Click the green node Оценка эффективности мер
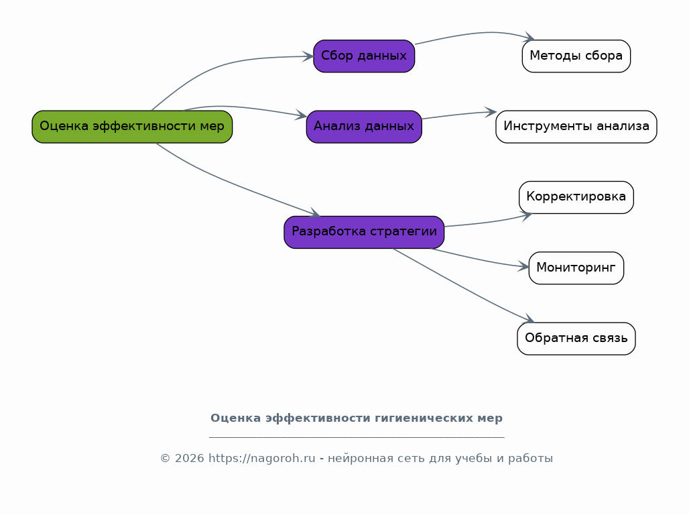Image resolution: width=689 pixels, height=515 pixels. click(x=132, y=127)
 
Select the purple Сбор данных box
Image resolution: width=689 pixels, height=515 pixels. click(x=364, y=56)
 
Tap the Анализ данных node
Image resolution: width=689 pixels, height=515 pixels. click(x=364, y=127)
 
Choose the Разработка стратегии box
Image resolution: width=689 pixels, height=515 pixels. click(x=364, y=232)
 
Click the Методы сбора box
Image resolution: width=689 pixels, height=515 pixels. click(x=576, y=56)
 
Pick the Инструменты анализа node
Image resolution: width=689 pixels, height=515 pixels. click(x=576, y=127)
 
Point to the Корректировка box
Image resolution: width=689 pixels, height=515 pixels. click(x=576, y=197)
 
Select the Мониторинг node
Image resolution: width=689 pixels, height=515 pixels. click(x=576, y=268)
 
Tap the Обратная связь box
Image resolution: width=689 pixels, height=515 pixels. click(x=576, y=339)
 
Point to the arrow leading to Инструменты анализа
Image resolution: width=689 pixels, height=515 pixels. click(x=459, y=115)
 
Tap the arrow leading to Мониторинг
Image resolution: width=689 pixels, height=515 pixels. click(x=479, y=260)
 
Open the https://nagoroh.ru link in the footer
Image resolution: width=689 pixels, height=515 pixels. click(x=262, y=458)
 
